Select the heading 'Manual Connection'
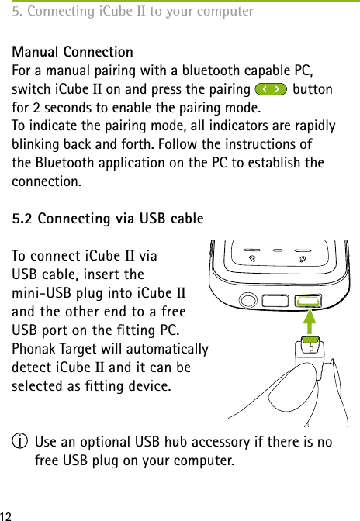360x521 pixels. click(71, 52)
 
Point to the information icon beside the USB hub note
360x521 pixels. click(17, 443)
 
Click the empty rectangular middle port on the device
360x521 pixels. click(276, 299)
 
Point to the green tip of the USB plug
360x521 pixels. click(310, 339)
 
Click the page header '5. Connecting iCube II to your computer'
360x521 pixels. click(132, 12)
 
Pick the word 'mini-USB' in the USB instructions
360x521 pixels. click(38, 293)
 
